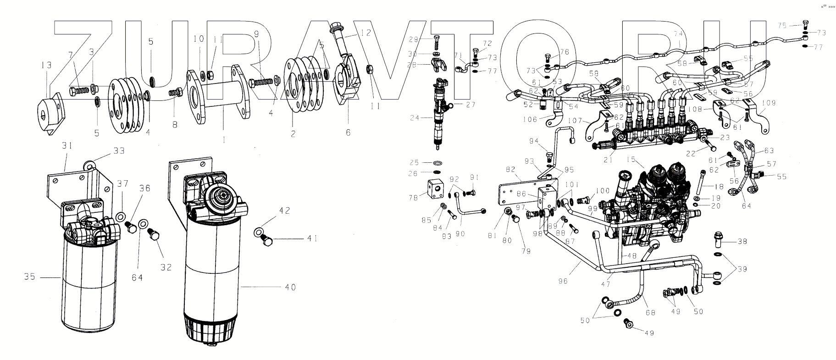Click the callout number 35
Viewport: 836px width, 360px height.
[x=29, y=277]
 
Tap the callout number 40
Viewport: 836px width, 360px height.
[x=290, y=288]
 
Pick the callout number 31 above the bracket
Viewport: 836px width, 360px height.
[x=67, y=145]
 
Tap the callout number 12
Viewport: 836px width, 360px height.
[x=365, y=33]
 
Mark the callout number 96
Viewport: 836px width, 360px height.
[x=563, y=281]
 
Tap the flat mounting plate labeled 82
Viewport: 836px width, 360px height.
[x=518, y=195]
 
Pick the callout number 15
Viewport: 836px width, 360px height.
[x=632, y=159]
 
